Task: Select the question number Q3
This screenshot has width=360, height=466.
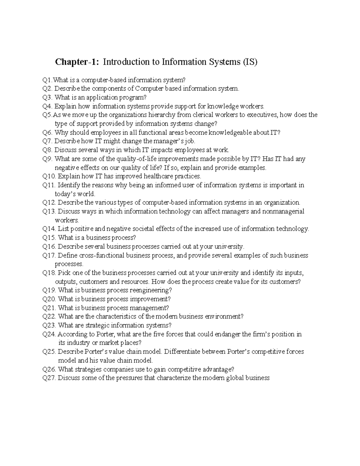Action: [x=47, y=98]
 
